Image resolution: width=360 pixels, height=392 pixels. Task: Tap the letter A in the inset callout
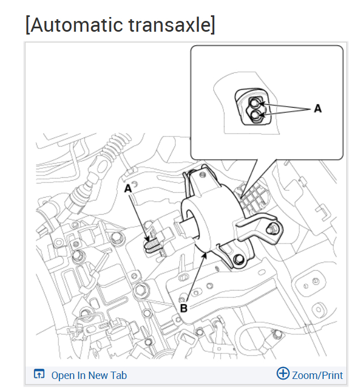click(x=317, y=108)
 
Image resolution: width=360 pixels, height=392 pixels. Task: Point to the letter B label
click(x=183, y=308)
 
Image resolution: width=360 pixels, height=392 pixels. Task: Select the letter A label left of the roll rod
click(x=128, y=187)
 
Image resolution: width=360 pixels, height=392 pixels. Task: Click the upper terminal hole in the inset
click(x=256, y=103)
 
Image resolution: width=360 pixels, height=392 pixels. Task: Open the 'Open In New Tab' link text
click(x=89, y=375)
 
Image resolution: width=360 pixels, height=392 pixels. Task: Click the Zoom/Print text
click(x=317, y=375)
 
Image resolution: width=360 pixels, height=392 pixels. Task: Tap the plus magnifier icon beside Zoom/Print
click(x=282, y=373)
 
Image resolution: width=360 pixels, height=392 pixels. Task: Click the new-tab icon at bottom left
click(x=39, y=374)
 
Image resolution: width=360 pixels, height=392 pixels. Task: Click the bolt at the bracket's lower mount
click(x=239, y=260)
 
